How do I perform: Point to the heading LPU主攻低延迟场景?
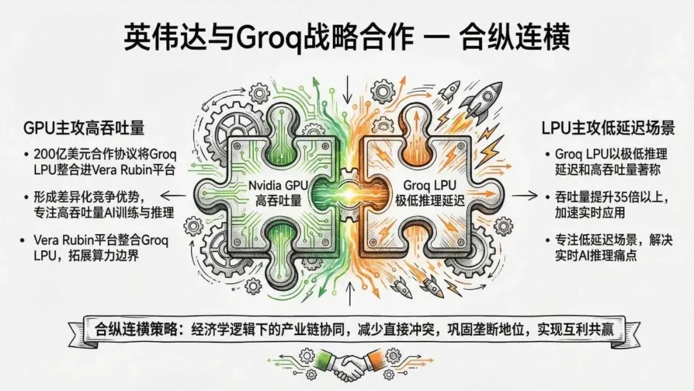(607, 128)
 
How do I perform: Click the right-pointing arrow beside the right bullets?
(528, 195)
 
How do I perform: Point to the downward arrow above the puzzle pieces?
(348, 89)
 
